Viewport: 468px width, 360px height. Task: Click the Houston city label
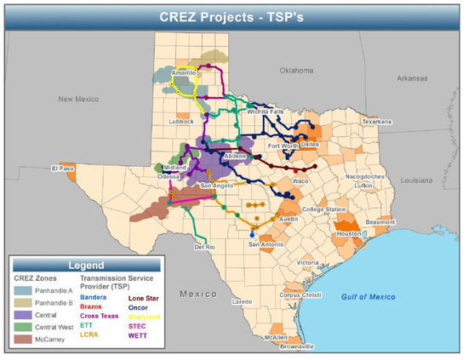[348, 233]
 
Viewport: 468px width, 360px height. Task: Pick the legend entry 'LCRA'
[89, 334]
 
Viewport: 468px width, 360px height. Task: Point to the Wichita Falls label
[265, 111]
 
